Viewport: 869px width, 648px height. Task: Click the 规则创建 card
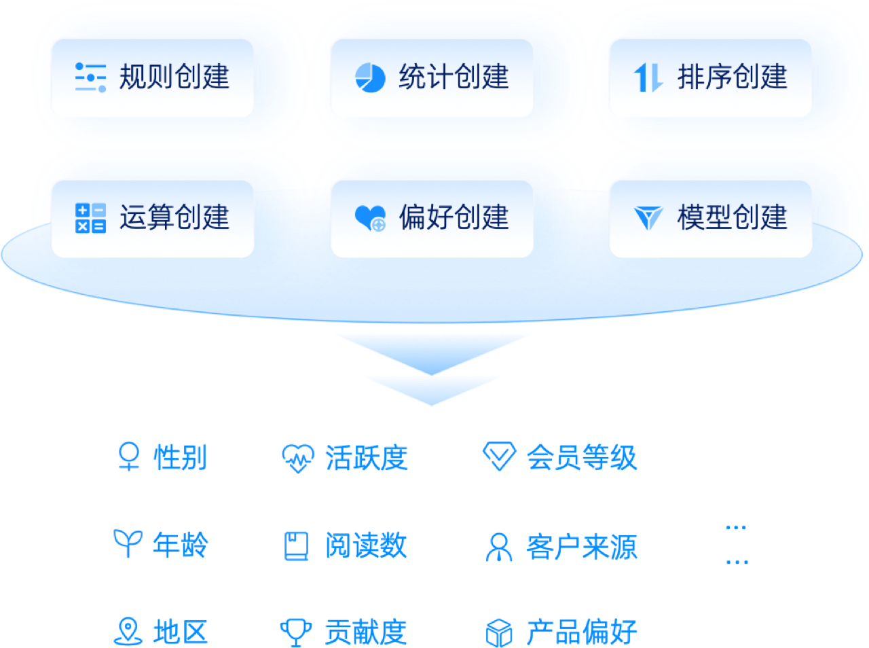(153, 77)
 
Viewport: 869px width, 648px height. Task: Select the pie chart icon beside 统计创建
(370, 77)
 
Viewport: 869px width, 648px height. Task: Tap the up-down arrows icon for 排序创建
(648, 77)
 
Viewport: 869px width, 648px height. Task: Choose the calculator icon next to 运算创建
(90, 218)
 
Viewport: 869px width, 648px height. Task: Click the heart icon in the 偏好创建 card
(370, 218)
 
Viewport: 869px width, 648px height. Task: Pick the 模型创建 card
(710, 218)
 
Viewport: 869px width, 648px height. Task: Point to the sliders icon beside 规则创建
(90, 77)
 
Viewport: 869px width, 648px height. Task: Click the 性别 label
(180, 457)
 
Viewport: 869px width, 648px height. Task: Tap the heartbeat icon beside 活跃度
(298, 458)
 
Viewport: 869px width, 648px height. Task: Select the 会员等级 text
(582, 457)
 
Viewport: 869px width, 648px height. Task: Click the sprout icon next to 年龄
(128, 543)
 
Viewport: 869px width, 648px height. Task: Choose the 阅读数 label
(366, 545)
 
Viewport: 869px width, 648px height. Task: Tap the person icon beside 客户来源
(499, 547)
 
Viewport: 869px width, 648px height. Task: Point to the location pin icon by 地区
(128, 632)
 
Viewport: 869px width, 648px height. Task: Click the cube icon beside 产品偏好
(499, 633)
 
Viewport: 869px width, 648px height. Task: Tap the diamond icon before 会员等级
(499, 456)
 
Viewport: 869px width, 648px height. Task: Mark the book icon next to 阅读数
(296, 546)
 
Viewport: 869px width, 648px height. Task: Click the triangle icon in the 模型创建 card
(648, 218)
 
